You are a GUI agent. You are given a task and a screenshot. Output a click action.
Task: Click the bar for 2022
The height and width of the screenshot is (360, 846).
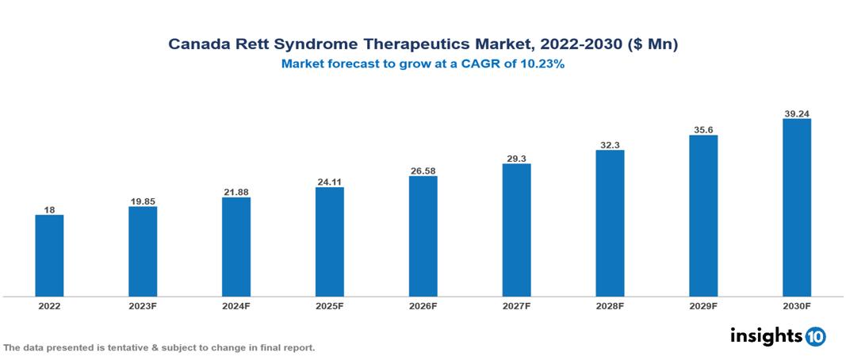click(49, 255)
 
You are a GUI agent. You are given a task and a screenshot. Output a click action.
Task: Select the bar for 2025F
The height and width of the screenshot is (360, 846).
click(329, 242)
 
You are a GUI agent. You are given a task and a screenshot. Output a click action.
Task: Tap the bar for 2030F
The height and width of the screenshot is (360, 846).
click(796, 208)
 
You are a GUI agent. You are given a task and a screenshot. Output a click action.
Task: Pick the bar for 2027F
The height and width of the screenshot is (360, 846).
click(516, 230)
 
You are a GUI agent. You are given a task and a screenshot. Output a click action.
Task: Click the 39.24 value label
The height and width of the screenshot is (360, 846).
click(796, 113)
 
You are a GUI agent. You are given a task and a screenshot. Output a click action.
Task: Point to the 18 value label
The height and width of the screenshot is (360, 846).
click(49, 209)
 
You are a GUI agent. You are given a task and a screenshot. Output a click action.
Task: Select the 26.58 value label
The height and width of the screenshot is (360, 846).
click(423, 170)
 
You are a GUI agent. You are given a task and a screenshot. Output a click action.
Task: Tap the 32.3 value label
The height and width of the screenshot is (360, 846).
click(610, 144)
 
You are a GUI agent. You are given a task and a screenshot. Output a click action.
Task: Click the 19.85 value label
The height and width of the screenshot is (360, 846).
click(143, 201)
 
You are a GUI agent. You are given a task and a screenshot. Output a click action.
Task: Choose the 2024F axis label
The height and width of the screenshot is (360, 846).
click(236, 306)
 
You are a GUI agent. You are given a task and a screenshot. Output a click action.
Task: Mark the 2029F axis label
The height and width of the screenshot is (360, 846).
click(703, 306)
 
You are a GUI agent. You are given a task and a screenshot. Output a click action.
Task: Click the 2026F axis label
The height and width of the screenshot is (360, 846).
click(423, 306)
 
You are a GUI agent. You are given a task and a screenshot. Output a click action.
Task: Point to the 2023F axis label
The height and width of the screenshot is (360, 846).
click(143, 306)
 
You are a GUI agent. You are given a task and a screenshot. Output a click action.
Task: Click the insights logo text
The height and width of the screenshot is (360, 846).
click(765, 335)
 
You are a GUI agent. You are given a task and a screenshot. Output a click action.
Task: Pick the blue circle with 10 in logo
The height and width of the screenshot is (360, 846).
click(816, 336)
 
